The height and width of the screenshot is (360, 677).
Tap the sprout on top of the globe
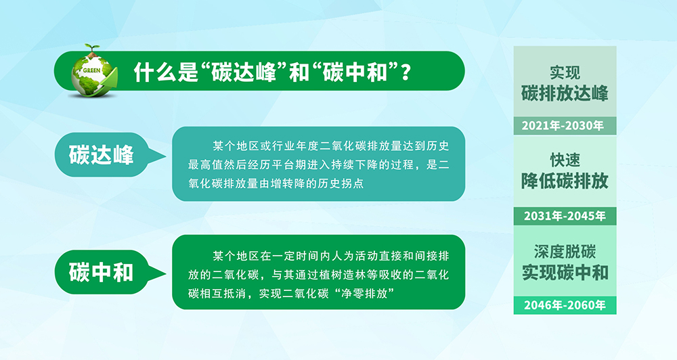click(x=91, y=49)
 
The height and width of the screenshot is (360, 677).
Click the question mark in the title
click(x=406, y=72)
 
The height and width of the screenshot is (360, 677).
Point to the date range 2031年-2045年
click(x=565, y=216)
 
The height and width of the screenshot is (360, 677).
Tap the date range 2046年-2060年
click(x=565, y=305)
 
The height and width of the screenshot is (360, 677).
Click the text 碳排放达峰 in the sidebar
click(x=565, y=93)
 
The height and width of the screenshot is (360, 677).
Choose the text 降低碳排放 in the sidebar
click(x=565, y=181)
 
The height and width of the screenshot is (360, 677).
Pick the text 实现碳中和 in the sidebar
click(x=565, y=273)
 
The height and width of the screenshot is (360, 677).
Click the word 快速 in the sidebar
click(x=565, y=160)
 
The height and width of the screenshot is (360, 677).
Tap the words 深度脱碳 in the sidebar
click(x=565, y=251)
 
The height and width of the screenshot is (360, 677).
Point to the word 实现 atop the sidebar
click(x=565, y=72)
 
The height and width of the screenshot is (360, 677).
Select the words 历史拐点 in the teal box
click(x=341, y=183)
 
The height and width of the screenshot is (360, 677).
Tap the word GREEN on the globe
click(x=91, y=70)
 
